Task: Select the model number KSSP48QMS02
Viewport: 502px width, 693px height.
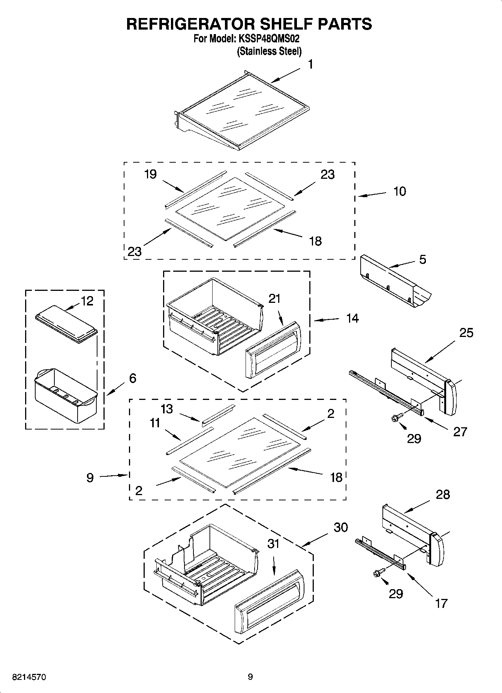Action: (268, 39)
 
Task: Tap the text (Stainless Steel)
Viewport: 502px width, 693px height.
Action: (269, 51)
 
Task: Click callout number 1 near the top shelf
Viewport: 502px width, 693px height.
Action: (310, 64)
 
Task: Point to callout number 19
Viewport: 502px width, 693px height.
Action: (150, 174)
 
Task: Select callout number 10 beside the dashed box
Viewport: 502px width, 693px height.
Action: (400, 191)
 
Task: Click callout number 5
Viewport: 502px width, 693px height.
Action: (423, 259)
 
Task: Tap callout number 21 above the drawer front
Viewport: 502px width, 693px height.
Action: (274, 299)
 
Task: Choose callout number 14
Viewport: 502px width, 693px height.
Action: (352, 319)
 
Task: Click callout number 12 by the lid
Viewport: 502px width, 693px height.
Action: (87, 301)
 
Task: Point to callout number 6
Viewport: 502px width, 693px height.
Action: (132, 378)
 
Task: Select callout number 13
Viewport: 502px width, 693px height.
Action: (167, 409)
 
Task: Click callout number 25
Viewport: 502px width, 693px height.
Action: (466, 332)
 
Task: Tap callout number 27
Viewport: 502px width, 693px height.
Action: (460, 432)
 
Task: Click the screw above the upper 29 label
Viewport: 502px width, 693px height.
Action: (397, 417)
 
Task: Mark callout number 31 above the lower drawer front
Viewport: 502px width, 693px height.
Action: (273, 544)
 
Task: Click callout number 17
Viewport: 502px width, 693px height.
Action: (441, 603)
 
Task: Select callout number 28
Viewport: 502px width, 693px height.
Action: (443, 495)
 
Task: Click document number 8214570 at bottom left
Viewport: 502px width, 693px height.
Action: (30, 677)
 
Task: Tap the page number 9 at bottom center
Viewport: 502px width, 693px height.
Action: (250, 677)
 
